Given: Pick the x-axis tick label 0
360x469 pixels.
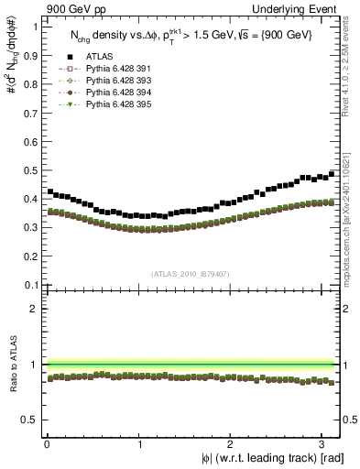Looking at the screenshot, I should [x=46, y=444].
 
